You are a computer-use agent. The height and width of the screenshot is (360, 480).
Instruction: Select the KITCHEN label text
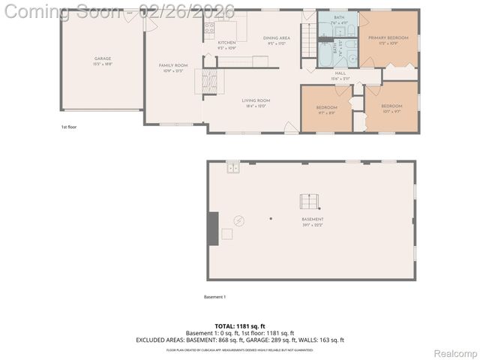(x=226, y=44)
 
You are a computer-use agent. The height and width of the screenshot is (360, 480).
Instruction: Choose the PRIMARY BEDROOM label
(x=388, y=39)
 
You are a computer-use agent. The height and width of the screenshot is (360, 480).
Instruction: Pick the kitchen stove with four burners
(x=209, y=29)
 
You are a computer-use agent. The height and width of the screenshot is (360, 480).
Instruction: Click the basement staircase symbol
(x=310, y=201)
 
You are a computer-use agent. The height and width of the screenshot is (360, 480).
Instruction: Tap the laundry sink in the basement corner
(x=233, y=168)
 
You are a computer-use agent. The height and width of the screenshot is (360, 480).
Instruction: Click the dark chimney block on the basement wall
(x=214, y=227)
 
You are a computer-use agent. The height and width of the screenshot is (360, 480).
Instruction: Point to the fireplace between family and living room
(x=209, y=82)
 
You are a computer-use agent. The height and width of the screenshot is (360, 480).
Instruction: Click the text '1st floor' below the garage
(x=69, y=127)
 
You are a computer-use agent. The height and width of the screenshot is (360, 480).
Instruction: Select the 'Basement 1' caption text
(x=214, y=298)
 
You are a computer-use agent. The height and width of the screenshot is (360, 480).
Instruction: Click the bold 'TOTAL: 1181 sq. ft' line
(x=239, y=325)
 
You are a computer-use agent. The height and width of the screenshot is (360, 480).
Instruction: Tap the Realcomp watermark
(x=456, y=353)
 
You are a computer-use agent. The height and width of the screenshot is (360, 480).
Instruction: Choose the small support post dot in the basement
(x=271, y=219)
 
